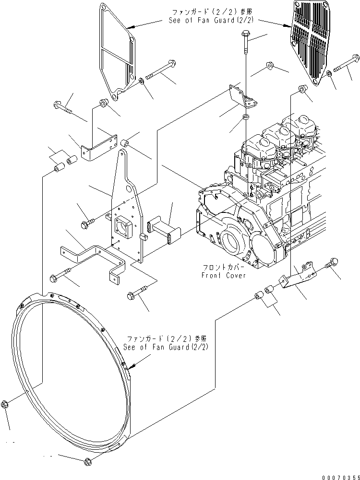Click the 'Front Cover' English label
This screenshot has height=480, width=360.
click(x=224, y=276)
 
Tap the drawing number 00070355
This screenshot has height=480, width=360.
click(x=340, y=477)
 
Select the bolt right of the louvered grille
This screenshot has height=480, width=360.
click(x=345, y=63)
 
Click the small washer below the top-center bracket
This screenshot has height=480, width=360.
click(x=246, y=117)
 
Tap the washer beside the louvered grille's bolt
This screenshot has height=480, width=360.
click(x=328, y=74)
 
